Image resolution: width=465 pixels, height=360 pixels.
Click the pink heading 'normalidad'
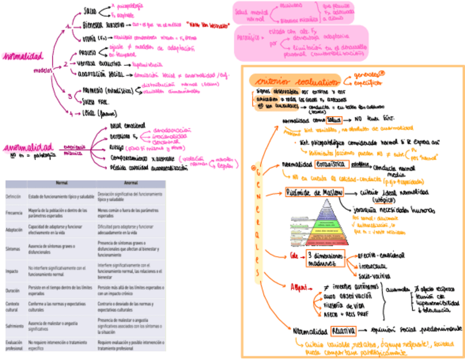click(x=23, y=57)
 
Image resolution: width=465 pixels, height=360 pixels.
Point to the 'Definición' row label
click(x=14, y=196)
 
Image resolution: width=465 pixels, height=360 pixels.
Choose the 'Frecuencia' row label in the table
click(x=15, y=212)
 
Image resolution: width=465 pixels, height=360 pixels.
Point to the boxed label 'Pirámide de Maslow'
click(x=314, y=192)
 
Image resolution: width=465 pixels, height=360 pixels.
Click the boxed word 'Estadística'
click(x=331, y=164)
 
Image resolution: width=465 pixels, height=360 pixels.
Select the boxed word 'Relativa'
click(x=343, y=330)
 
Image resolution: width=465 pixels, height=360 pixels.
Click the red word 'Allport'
click(x=300, y=286)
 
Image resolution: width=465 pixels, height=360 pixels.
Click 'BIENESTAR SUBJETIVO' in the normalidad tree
click(x=104, y=25)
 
